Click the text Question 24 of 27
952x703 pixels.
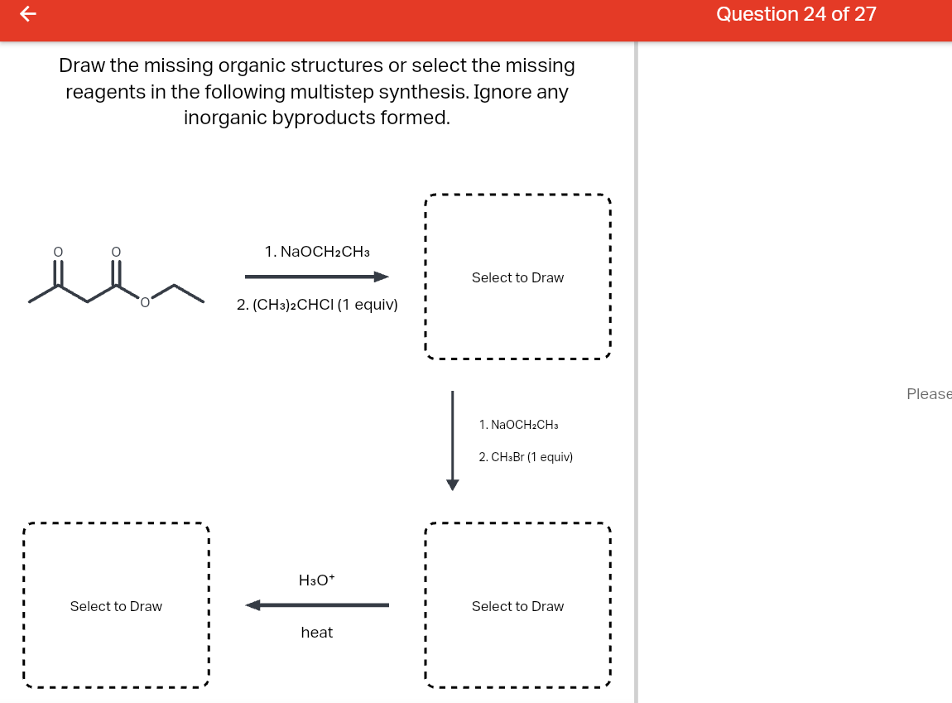coord(796,14)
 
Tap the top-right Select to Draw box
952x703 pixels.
coord(517,277)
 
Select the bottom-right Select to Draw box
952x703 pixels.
coord(517,606)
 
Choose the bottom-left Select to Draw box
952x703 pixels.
coord(116,606)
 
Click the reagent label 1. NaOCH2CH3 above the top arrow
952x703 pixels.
coord(317,251)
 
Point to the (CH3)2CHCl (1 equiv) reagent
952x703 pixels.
coord(317,305)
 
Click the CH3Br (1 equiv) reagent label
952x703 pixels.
coord(526,457)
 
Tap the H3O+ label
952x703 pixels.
coord(317,580)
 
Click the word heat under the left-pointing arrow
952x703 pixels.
coord(317,633)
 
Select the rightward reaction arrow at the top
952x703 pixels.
coord(317,277)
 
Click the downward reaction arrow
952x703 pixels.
coord(452,440)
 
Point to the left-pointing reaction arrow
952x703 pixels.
coord(317,605)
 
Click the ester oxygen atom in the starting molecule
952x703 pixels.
coord(145,304)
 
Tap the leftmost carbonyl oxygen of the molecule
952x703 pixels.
coord(58,251)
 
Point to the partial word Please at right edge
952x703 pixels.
coord(929,394)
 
